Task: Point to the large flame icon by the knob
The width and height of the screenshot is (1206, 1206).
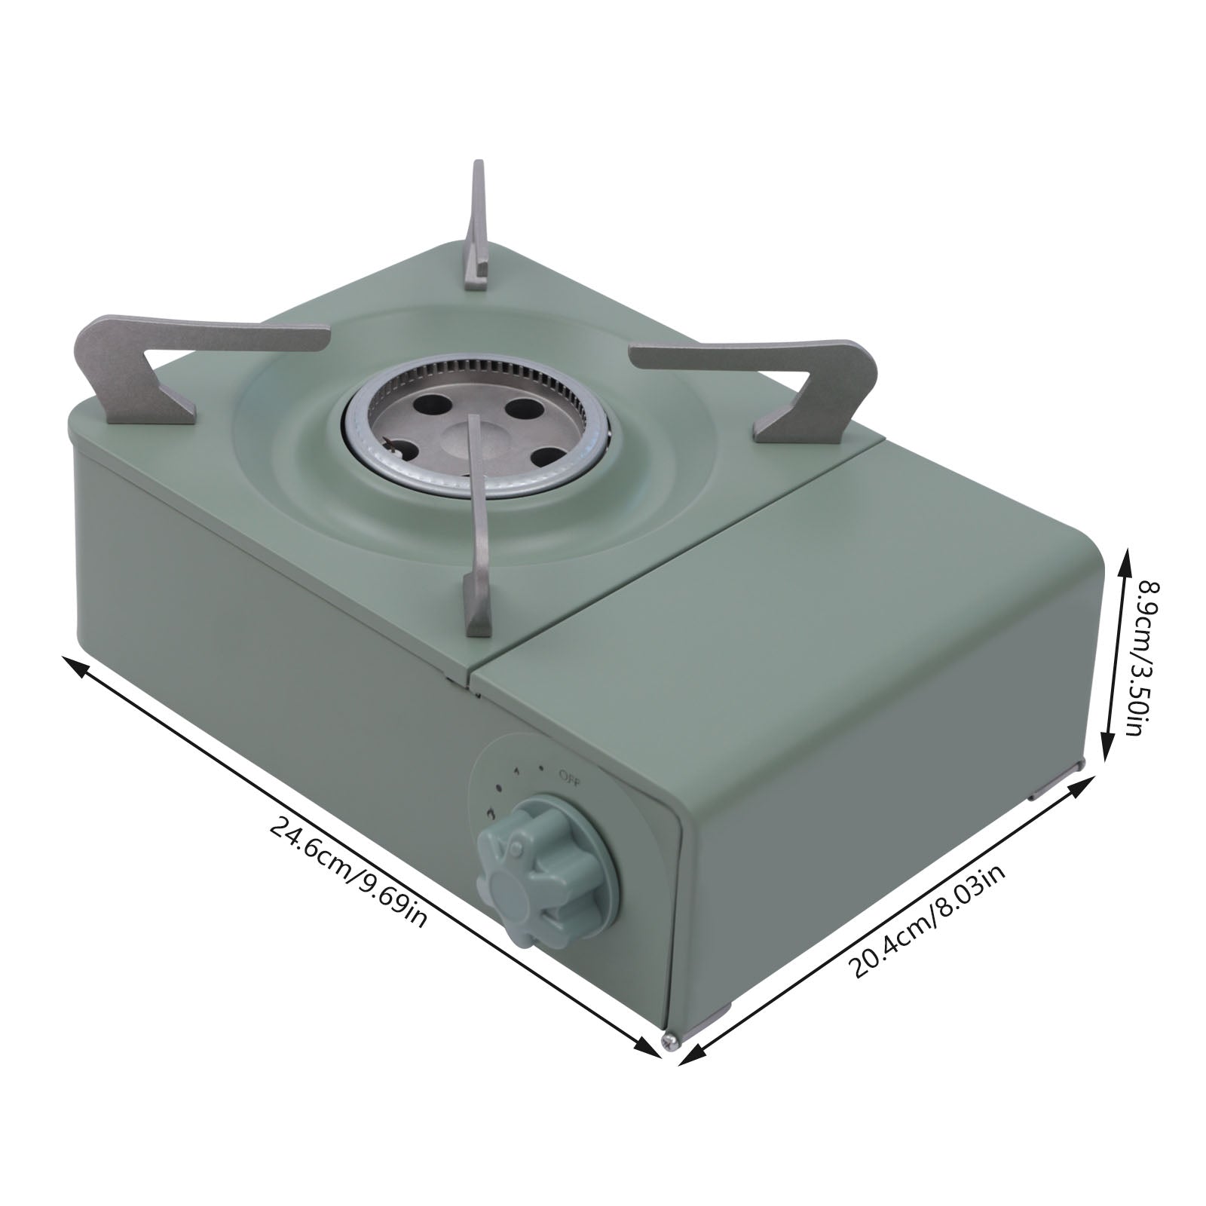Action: click(491, 814)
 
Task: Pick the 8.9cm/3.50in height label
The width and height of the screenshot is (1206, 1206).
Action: click(1139, 660)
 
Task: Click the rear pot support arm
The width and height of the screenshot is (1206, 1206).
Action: click(478, 226)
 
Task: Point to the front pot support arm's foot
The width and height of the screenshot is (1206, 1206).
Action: click(476, 603)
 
